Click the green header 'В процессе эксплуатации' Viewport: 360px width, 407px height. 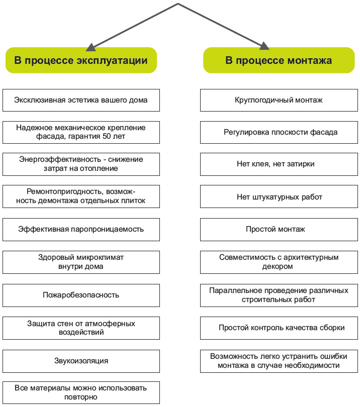[81, 61]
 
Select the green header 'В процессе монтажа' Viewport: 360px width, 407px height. [279, 61]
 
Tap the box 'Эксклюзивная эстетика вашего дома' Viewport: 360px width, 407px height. [81, 100]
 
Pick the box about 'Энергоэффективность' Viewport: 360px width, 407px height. [81, 164]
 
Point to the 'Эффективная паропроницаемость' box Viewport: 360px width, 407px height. [81, 229]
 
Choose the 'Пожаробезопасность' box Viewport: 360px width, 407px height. [81, 294]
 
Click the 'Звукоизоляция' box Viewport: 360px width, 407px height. [81, 361]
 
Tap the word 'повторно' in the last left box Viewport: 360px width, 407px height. [81, 397]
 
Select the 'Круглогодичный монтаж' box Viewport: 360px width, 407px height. [279, 100]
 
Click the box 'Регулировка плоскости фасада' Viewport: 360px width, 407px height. [279, 132]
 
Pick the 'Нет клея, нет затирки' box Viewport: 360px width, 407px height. [279, 164]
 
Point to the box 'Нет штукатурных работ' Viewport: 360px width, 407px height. [279, 197]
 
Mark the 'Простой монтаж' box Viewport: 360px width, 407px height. [279, 229]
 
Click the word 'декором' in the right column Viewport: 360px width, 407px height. [279, 267]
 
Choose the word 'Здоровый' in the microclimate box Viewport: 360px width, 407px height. [54, 257]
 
